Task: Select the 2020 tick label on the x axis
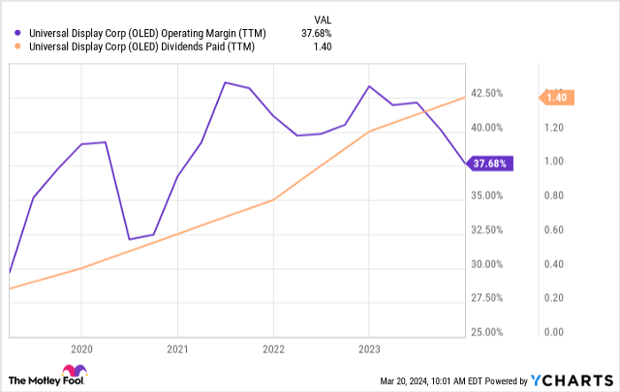[81, 349]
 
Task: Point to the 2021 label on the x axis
[177, 349]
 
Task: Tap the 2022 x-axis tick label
[273, 349]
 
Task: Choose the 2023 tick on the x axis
[369, 349]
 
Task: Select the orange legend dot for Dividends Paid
[19, 48]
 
